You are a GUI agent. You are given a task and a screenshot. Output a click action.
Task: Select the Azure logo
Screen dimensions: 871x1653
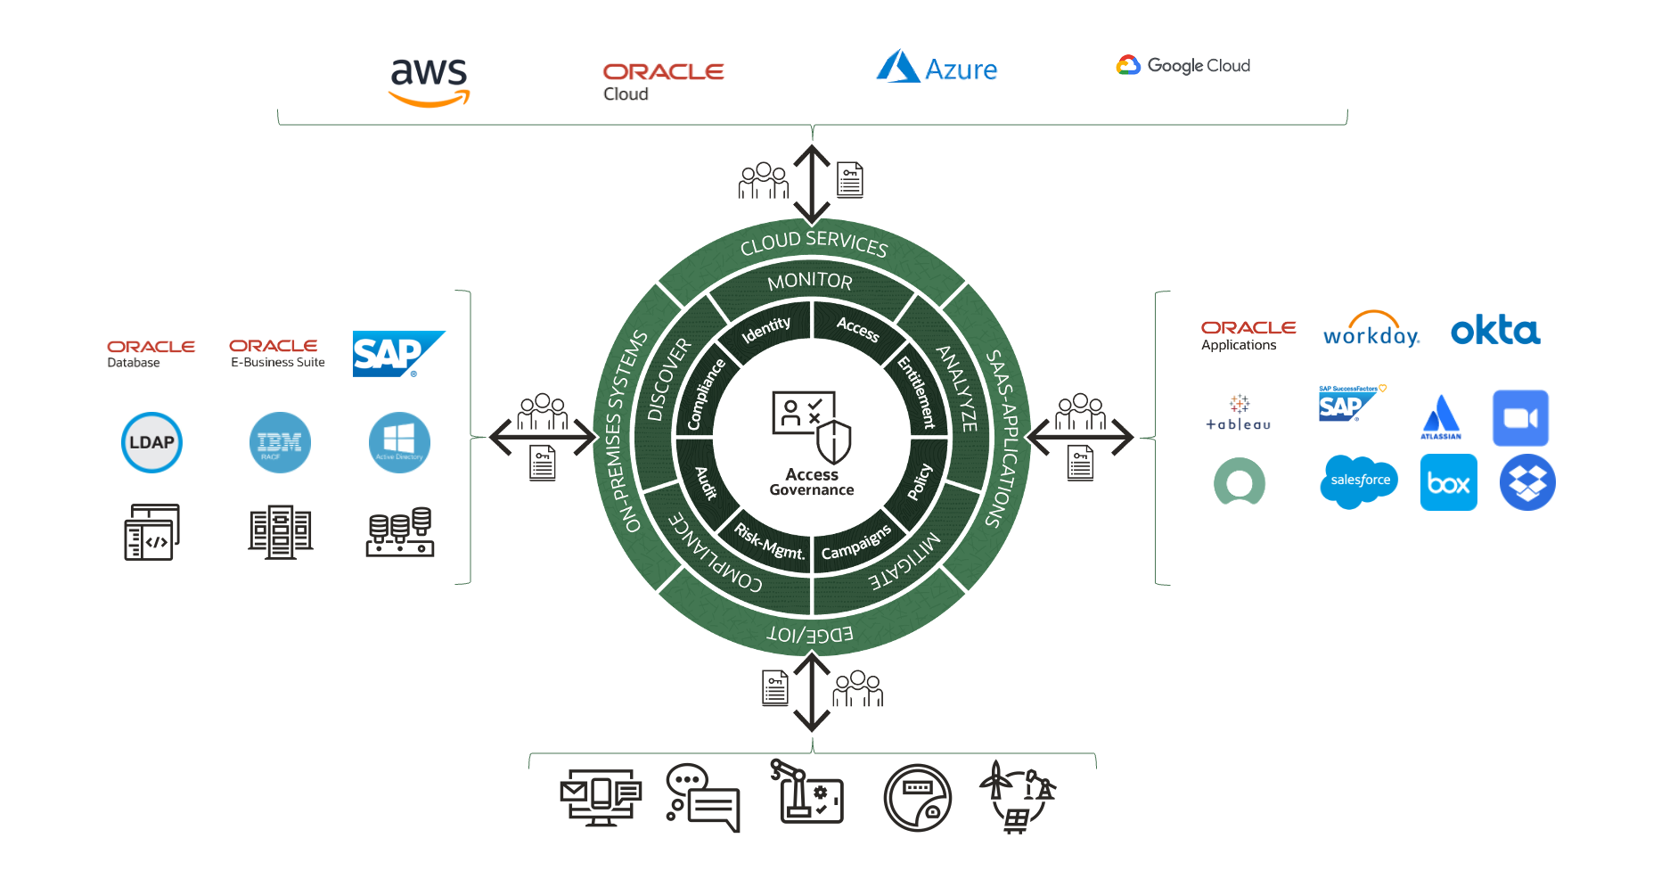click(x=937, y=68)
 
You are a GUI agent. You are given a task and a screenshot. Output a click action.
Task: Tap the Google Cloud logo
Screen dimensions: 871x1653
click(x=1183, y=65)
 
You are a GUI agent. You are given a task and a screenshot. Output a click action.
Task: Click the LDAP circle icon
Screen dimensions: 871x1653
click(x=151, y=442)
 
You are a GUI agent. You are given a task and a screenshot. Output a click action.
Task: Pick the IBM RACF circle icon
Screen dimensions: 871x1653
click(x=280, y=442)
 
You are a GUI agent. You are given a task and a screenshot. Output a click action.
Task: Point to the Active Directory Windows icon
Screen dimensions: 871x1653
click(x=399, y=442)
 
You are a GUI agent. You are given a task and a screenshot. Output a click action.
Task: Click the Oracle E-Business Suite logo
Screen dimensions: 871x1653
click(x=277, y=352)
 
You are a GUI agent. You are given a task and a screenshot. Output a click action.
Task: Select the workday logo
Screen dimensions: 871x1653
click(x=1371, y=331)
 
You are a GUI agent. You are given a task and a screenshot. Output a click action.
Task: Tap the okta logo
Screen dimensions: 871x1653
click(x=1495, y=330)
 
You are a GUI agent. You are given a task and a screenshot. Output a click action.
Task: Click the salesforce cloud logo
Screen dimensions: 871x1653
click(x=1359, y=481)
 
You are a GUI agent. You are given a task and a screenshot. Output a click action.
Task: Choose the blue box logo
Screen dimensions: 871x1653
click(x=1448, y=482)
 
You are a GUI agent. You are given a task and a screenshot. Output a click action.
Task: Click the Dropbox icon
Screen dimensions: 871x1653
click(x=1527, y=482)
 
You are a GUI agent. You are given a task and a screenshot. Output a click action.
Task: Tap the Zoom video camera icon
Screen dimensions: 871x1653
click(x=1520, y=418)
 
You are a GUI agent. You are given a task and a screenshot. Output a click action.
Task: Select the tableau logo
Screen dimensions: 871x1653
click(x=1239, y=414)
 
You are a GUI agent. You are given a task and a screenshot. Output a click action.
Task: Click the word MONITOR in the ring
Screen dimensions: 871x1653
click(x=810, y=282)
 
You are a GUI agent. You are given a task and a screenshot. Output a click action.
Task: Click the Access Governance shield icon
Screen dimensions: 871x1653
click(x=833, y=440)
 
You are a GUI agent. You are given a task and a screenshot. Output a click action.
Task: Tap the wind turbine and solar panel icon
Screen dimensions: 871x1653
click(x=1017, y=796)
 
